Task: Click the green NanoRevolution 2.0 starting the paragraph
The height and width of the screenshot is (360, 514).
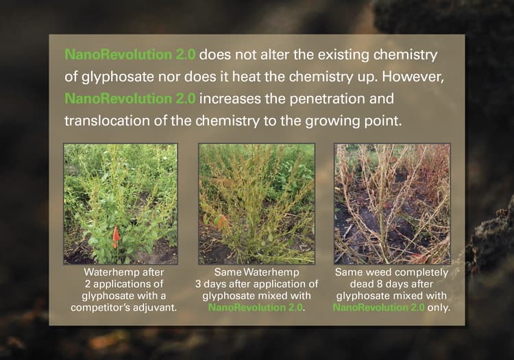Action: (130, 53)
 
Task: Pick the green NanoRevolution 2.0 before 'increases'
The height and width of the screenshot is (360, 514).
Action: (130, 98)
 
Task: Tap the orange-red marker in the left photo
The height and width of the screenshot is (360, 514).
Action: (116, 237)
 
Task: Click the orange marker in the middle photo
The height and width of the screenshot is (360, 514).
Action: (221, 221)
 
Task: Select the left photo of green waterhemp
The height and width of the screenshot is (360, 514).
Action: (120, 204)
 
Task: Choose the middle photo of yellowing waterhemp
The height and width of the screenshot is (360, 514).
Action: (256, 204)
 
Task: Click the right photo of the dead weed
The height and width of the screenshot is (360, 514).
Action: (392, 204)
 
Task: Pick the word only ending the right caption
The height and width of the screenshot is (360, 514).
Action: (439, 307)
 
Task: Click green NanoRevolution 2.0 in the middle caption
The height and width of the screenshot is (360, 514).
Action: (255, 307)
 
